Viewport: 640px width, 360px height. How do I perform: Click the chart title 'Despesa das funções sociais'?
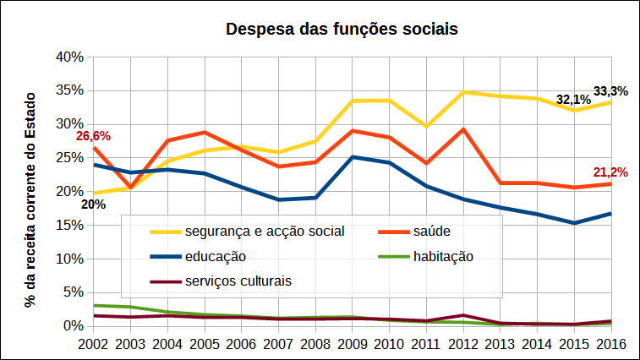tap(342, 30)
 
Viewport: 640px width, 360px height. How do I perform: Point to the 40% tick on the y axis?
tap(68, 57)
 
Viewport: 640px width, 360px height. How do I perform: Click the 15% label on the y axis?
tap(68, 225)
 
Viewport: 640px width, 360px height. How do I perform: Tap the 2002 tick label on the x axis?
tap(93, 344)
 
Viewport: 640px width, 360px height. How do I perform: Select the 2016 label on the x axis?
tap(610, 344)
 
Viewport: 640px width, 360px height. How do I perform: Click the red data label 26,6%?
tap(93, 135)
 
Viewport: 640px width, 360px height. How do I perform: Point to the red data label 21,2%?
tap(610, 172)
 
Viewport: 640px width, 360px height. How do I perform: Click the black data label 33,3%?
tap(610, 91)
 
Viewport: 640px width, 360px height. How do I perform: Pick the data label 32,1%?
tap(572, 100)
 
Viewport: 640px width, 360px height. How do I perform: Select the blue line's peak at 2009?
tap(352, 157)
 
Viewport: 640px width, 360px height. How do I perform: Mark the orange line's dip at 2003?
tap(130, 188)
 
